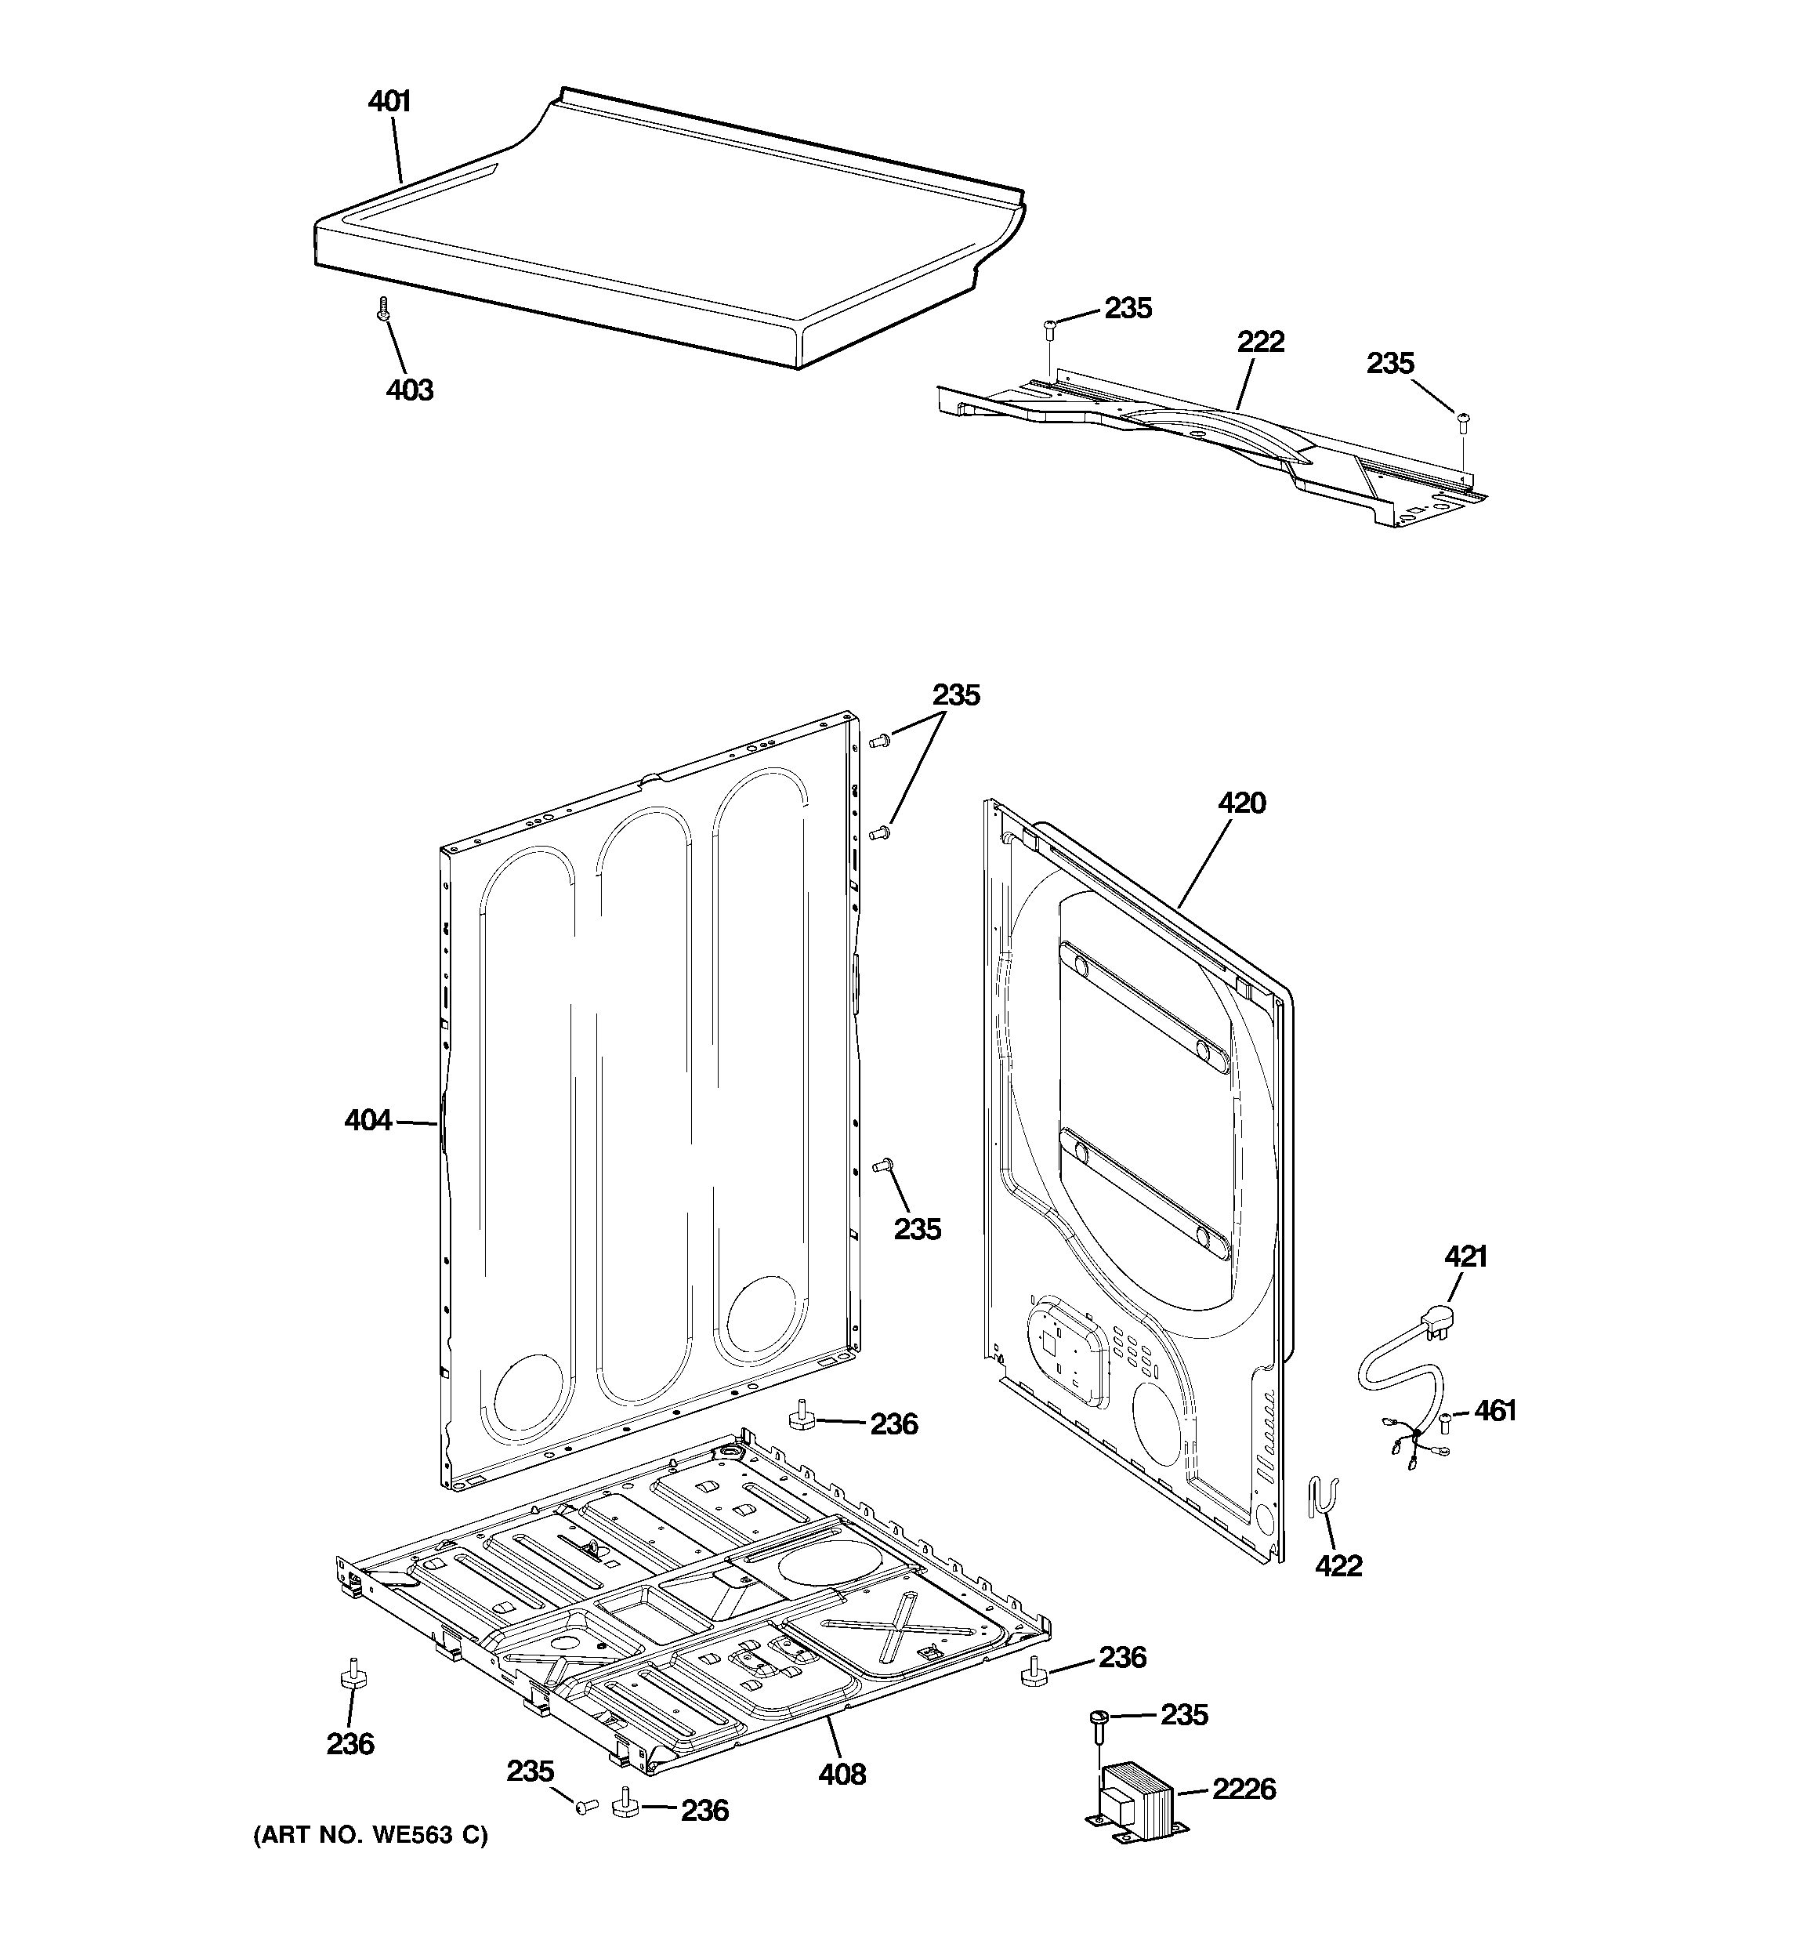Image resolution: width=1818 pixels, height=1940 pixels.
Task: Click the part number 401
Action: pyautogui.click(x=389, y=101)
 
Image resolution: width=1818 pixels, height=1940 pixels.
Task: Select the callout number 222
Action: pyautogui.click(x=1261, y=343)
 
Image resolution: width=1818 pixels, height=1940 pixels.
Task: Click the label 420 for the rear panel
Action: pyautogui.click(x=1241, y=803)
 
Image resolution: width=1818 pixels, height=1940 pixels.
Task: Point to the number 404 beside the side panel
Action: pyautogui.click(x=368, y=1121)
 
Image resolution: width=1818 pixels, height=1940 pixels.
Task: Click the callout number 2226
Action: pyautogui.click(x=1244, y=1789)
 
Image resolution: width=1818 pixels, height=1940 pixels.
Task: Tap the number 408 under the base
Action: pyautogui.click(x=841, y=1774)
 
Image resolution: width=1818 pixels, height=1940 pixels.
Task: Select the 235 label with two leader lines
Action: pyautogui.click(x=955, y=696)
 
